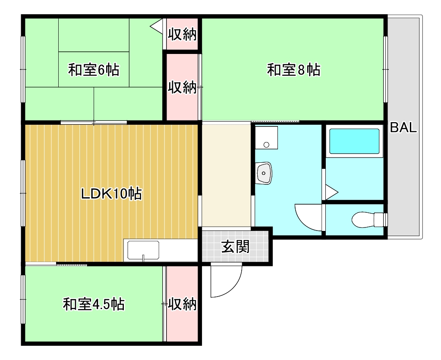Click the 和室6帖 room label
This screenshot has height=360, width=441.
click(94, 69)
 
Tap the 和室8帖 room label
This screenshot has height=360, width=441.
click(293, 69)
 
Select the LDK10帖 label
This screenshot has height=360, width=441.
click(112, 194)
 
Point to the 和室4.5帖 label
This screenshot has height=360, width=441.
click(94, 304)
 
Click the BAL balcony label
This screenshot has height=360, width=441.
click(403, 127)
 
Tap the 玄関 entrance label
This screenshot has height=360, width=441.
click(235, 246)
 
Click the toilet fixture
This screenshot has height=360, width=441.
click(367, 219)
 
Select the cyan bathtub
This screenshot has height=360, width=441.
click(354, 141)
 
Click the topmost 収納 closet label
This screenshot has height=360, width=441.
click(182, 35)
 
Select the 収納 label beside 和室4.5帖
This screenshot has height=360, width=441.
click(182, 304)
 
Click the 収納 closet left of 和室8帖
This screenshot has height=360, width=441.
click(182, 88)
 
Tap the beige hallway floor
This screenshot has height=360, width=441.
click(226, 175)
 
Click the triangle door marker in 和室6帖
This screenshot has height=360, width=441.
click(156, 26)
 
